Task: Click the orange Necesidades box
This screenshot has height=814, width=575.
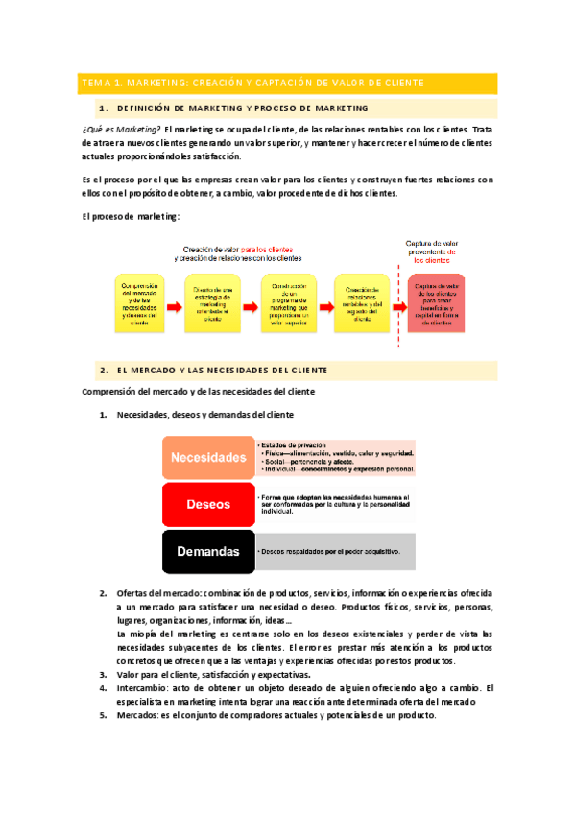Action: tap(208, 458)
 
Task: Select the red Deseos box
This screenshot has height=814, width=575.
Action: tap(208, 504)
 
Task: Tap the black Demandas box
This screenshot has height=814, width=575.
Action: tap(208, 551)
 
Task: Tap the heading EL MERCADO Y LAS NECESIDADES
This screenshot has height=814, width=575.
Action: tap(222, 370)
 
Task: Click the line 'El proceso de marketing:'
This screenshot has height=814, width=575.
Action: tap(132, 217)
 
